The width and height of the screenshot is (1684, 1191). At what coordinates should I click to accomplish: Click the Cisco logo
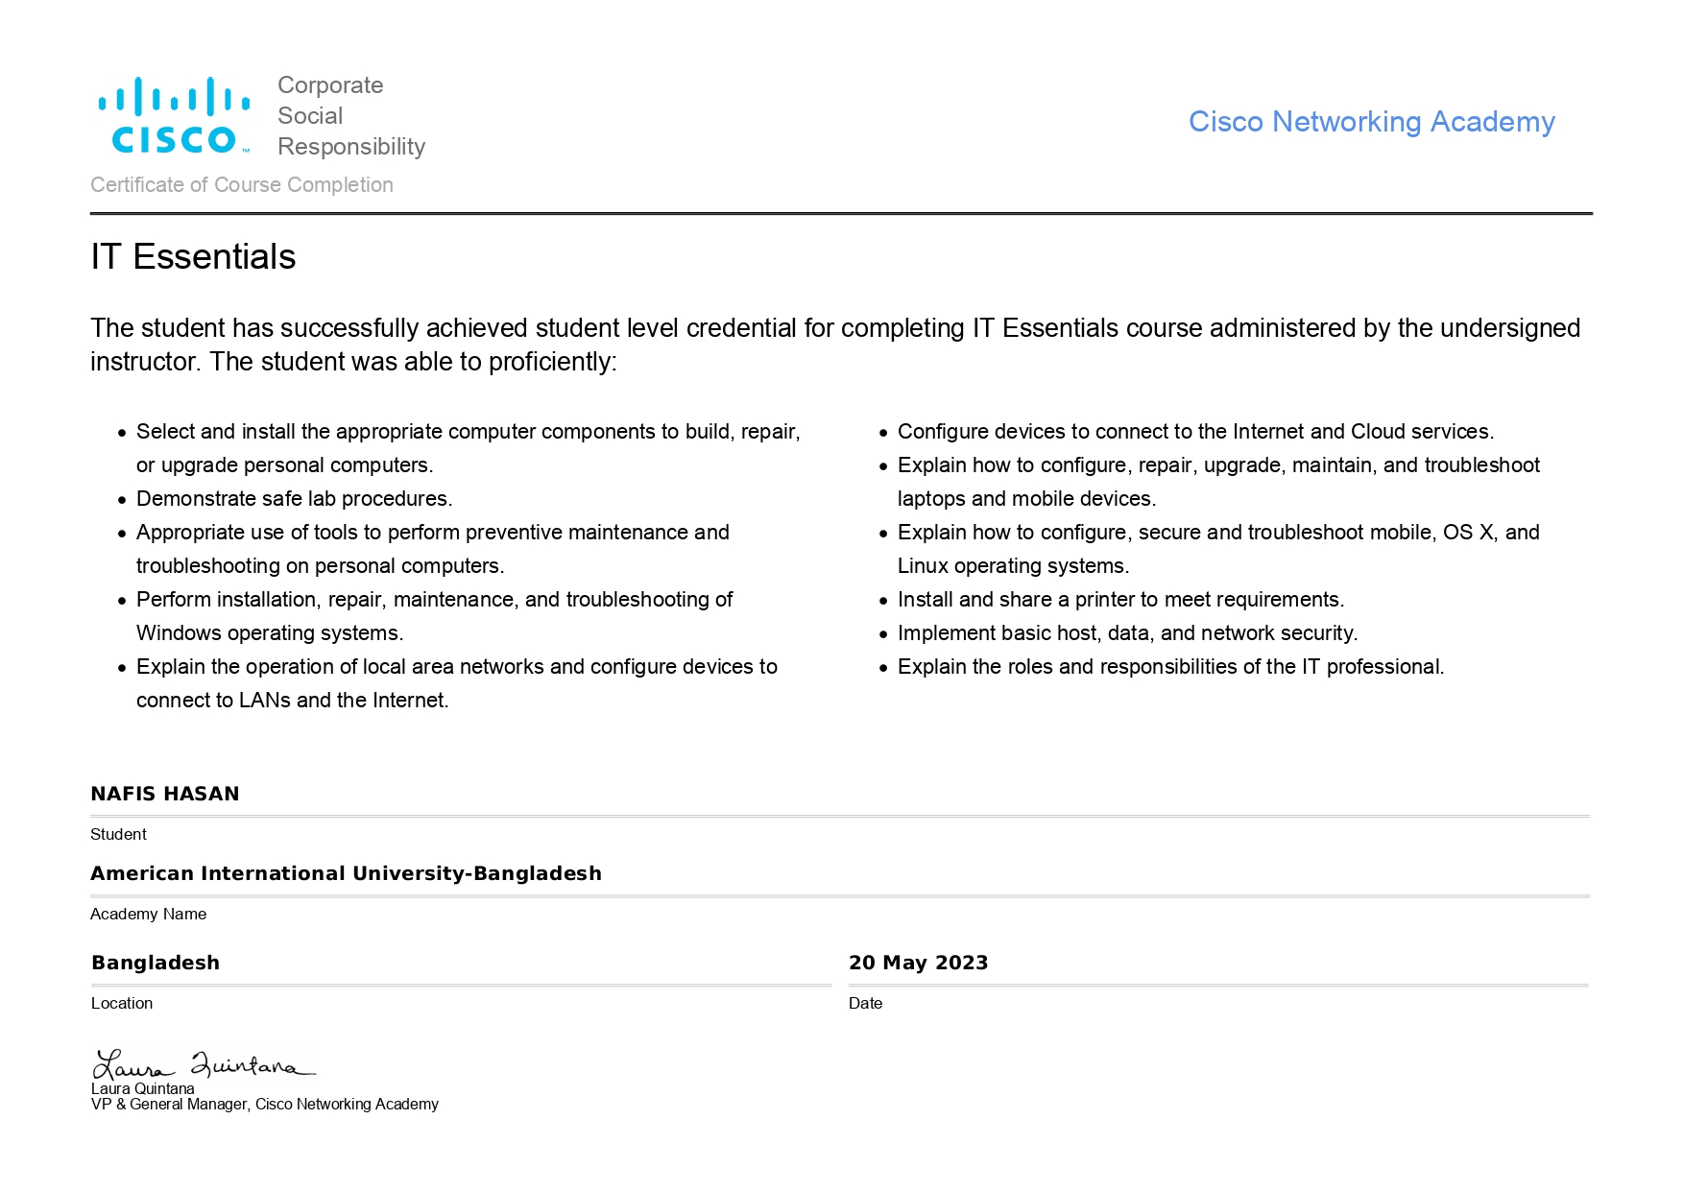[174, 116]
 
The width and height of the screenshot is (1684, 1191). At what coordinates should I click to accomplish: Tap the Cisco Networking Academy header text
[1371, 122]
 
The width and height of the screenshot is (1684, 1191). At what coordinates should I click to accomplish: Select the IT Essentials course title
[193, 257]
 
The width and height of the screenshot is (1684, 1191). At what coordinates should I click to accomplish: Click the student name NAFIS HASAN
[165, 794]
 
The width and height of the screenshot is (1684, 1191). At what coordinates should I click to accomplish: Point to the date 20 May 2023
[918, 963]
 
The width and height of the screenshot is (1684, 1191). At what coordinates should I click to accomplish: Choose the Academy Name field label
[148, 914]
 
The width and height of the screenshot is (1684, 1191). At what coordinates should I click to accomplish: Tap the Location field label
[122, 1003]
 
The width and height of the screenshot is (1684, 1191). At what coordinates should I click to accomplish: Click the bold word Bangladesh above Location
[156, 963]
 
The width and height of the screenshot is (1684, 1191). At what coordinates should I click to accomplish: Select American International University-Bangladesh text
[346, 873]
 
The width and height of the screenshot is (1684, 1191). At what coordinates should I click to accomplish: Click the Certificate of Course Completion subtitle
[242, 184]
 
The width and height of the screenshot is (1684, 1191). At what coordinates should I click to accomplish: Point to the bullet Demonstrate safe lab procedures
[294, 499]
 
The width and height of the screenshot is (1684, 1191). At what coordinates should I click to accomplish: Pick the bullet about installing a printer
[1120, 600]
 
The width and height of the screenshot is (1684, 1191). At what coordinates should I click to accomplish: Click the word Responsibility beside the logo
[350, 147]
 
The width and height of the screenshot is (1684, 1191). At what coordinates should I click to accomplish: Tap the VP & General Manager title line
[264, 1105]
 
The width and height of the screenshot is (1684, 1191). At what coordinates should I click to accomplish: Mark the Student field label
[118, 834]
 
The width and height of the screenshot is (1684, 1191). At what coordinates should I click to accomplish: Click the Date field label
[865, 1003]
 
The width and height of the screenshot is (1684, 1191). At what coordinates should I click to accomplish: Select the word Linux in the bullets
[923, 566]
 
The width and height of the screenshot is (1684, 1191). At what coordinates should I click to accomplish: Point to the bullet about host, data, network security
[1127, 633]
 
